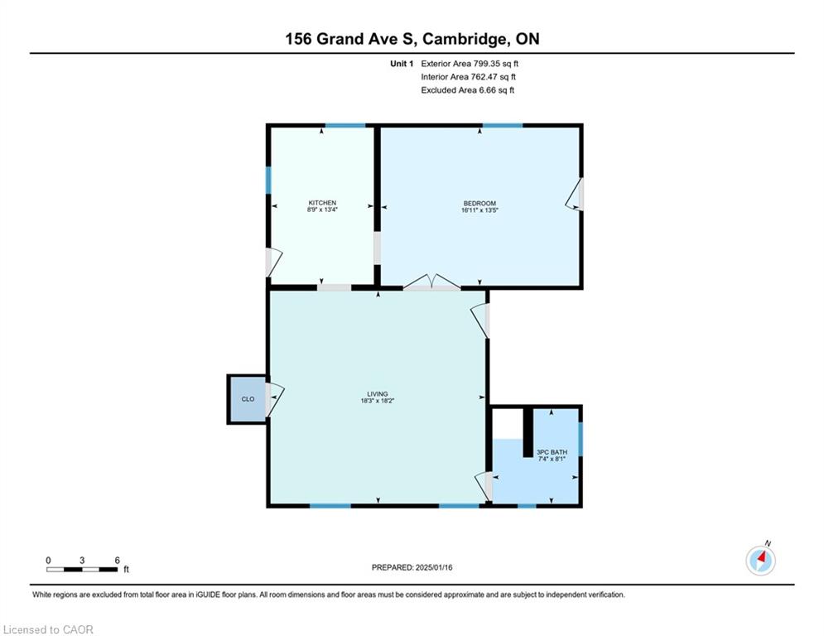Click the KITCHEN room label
322,203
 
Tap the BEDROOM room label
479,204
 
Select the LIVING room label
378,393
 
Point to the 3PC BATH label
552,452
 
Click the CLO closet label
248,399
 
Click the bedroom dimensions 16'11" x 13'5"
479,210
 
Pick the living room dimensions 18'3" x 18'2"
378,401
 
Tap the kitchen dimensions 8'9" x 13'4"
322,210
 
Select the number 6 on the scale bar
118,561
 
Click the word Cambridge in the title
465,40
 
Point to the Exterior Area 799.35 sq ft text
470,64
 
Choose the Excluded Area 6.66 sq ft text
467,90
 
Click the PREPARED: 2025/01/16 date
412,567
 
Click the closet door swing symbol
274,400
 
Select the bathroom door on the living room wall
484,486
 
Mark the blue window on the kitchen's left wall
268,181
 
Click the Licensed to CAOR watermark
48,629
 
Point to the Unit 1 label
402,64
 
